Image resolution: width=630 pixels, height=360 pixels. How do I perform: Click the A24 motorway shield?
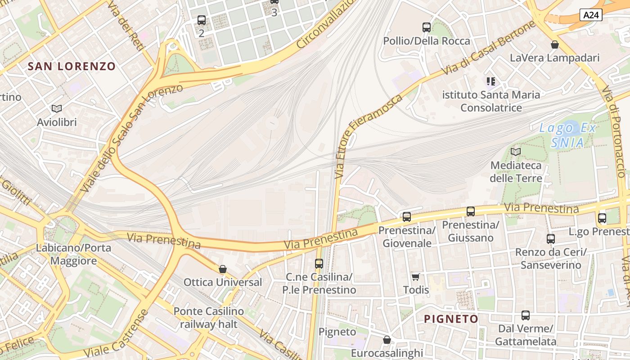[591, 15]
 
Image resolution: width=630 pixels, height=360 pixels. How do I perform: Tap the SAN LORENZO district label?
[72, 67]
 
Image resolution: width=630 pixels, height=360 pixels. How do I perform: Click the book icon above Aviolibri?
[57, 108]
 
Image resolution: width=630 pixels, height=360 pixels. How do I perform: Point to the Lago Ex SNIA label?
[567, 135]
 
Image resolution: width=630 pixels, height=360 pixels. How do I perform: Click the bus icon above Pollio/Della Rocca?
[427, 27]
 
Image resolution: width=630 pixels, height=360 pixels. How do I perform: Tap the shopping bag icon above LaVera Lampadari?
[555, 45]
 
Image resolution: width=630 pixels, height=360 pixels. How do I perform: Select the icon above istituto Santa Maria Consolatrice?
[491, 81]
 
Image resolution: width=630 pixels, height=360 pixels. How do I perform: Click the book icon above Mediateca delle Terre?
[516, 152]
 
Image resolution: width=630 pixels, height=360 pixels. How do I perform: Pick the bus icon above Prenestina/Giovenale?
[407, 217]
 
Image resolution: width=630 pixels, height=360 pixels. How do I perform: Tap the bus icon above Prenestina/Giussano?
[471, 211]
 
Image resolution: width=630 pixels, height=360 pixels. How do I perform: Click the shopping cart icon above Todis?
[415, 277]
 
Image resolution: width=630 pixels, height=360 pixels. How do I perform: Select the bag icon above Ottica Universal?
[222, 269]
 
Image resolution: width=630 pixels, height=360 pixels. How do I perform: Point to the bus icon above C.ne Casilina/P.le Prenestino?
[319, 264]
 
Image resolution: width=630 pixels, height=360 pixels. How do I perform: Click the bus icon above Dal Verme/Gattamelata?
[526, 315]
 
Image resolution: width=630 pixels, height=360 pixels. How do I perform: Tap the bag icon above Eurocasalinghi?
[387, 340]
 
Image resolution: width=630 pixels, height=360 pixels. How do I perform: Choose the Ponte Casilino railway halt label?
[208, 317]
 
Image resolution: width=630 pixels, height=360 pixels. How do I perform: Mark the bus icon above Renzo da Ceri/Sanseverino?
[551, 239]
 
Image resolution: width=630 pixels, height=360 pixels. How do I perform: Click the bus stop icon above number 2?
[202, 20]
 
